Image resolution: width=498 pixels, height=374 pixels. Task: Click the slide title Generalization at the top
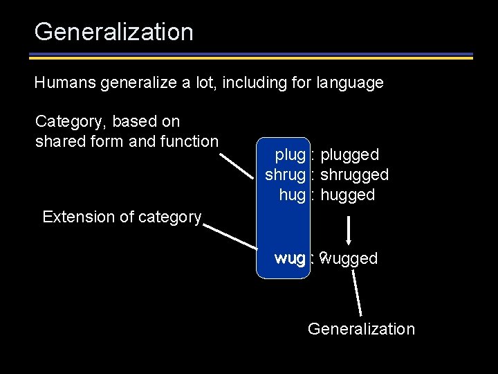[113, 32]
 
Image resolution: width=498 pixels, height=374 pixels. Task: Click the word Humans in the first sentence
[64, 83]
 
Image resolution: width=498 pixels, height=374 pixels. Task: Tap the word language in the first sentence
[350, 83]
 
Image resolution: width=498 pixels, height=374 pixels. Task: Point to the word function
[188, 141]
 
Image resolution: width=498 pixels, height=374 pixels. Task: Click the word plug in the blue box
[290, 154]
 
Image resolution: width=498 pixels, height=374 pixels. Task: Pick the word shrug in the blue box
[286, 175]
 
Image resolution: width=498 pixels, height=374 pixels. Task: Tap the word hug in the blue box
[293, 195]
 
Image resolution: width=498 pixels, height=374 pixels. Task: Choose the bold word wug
[290, 258]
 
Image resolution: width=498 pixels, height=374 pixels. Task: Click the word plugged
[350, 154]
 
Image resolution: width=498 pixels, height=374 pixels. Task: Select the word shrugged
[355, 175]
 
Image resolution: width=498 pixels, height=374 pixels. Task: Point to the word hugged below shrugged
[348, 195]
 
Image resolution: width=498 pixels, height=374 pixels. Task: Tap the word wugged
[350, 259]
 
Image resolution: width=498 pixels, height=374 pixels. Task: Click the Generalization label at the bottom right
[361, 329]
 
